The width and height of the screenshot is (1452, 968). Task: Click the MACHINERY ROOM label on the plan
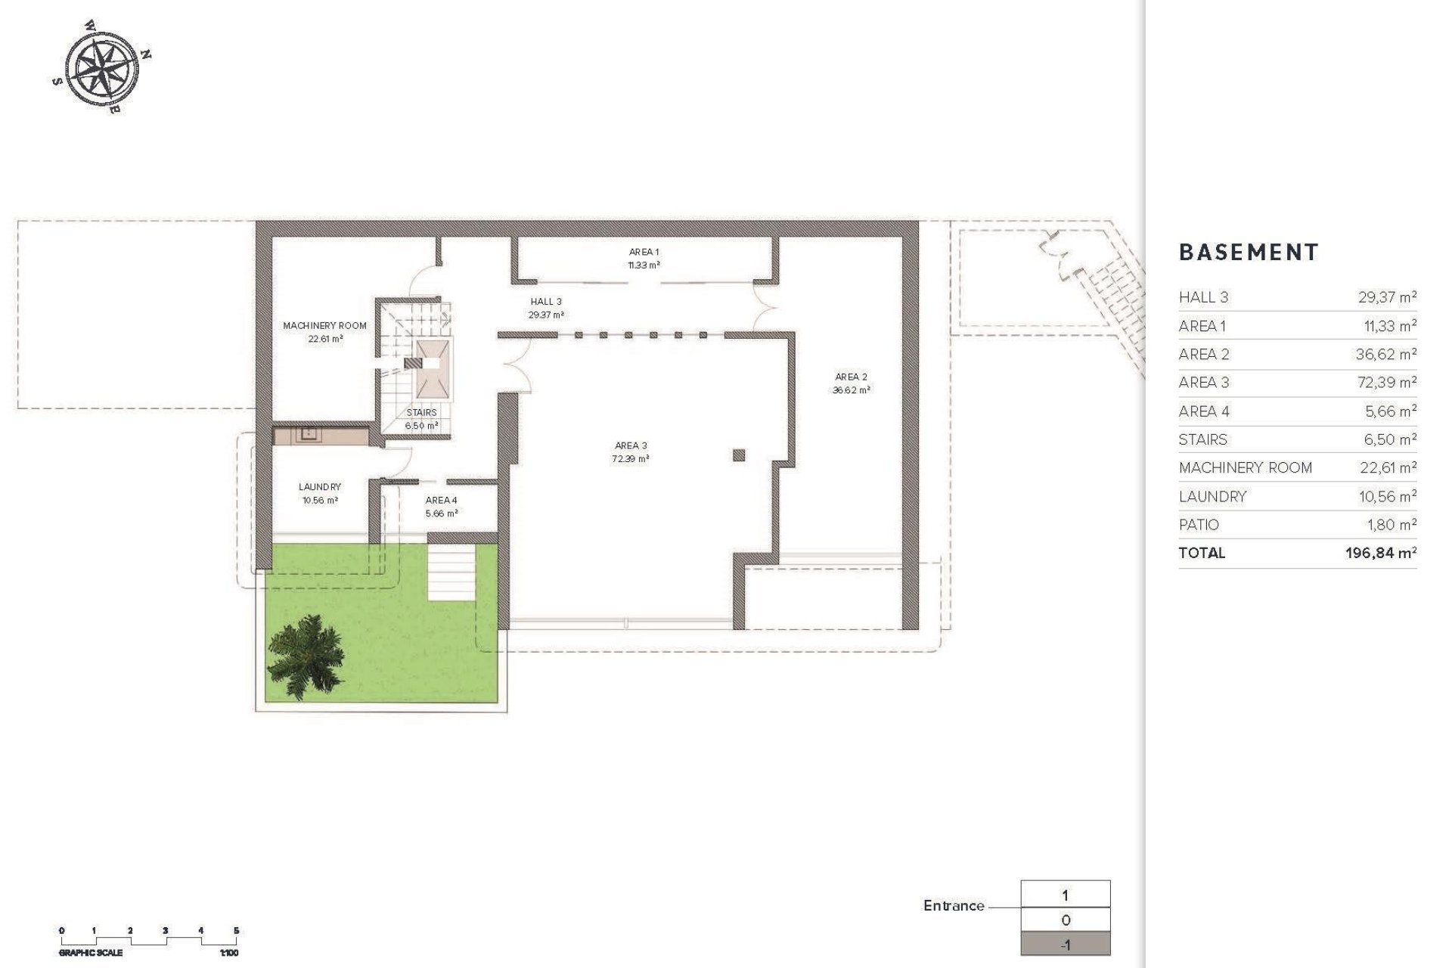click(324, 326)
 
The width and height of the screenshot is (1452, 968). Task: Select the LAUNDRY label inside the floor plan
click(319, 487)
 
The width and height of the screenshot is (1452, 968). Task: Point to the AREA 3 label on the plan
click(630, 446)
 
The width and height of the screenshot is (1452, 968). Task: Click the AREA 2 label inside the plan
click(851, 377)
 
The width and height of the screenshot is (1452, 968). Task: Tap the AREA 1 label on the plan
click(644, 252)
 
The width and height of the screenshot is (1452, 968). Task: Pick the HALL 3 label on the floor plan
click(546, 302)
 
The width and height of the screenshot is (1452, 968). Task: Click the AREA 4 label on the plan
click(441, 501)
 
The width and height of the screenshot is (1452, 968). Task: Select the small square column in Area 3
click(739, 455)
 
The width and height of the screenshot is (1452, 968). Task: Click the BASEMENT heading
click(1249, 253)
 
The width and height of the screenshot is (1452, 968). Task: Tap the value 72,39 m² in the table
click(1387, 383)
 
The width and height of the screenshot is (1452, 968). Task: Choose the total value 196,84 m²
click(1380, 553)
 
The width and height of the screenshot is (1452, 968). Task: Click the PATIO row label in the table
click(1199, 525)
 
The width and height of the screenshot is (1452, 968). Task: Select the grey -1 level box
click(1066, 945)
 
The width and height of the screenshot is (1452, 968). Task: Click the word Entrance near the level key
click(954, 906)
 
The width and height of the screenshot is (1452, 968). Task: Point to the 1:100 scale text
click(228, 954)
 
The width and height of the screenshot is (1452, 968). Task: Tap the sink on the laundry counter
click(309, 434)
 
